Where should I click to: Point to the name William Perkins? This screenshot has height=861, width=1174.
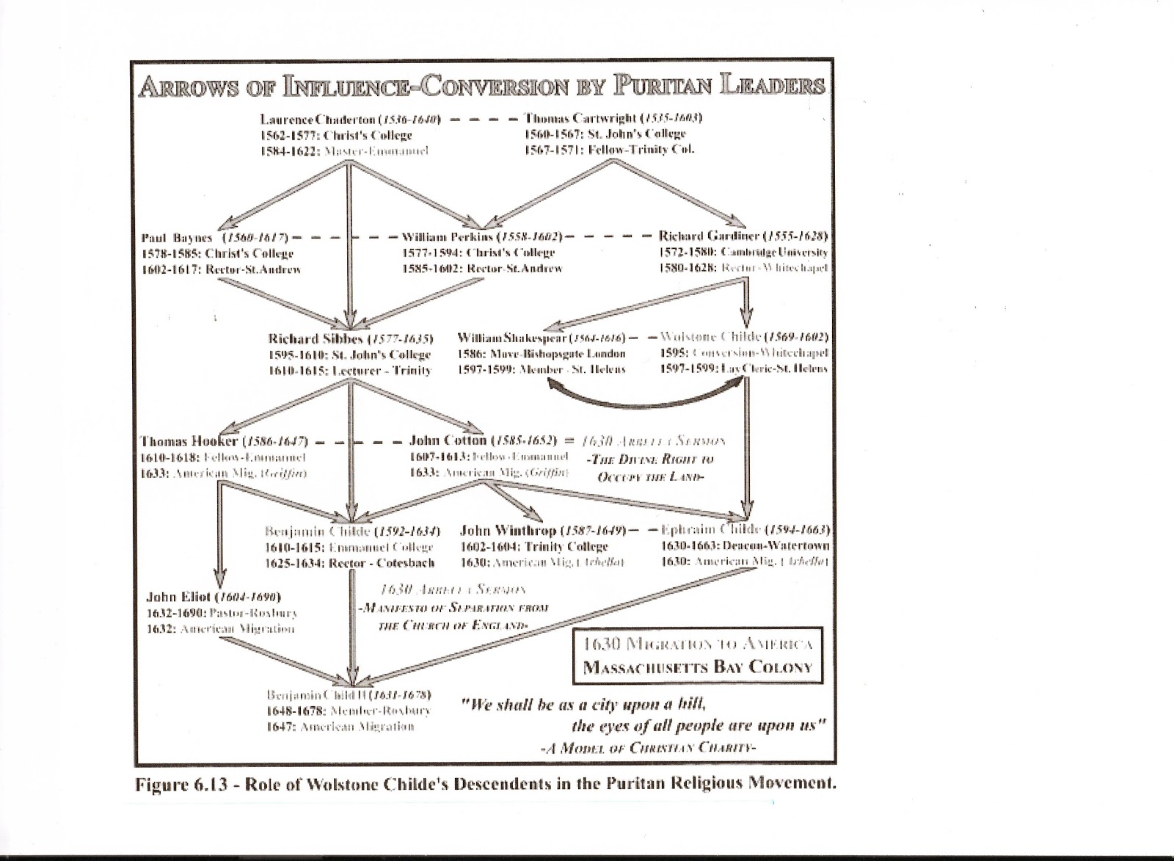pos(447,237)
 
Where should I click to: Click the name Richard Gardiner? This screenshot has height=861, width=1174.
pos(709,236)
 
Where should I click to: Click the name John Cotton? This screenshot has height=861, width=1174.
pos(448,440)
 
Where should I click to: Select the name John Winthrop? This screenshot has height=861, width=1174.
pos(506,530)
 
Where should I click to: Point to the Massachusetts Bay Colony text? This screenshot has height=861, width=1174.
pos(698,668)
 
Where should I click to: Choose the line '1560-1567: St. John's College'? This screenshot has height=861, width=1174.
pos(605,134)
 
